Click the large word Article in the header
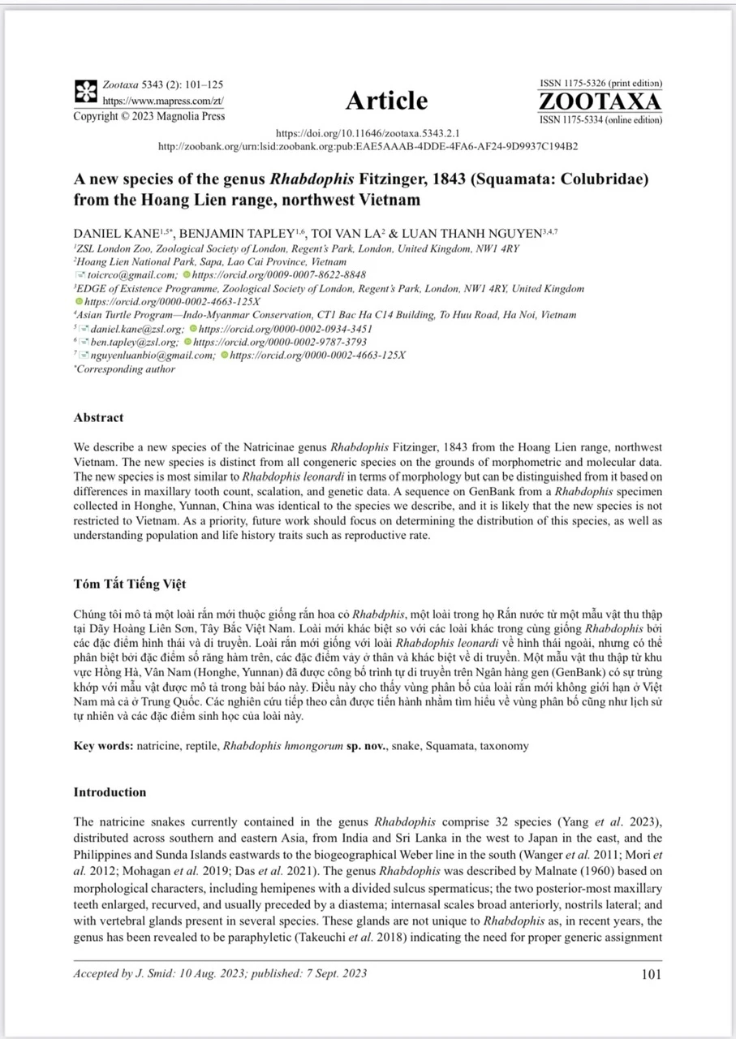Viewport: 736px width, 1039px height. (x=386, y=101)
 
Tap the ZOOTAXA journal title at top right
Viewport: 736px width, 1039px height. (x=600, y=102)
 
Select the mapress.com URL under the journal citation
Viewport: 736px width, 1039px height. (x=162, y=101)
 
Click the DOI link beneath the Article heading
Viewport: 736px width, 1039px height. (x=368, y=132)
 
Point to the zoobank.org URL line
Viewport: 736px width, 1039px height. (x=368, y=146)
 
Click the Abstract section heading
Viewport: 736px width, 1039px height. (x=98, y=418)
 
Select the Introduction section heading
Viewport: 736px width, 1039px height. (x=110, y=792)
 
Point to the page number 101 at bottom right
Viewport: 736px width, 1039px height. (x=651, y=974)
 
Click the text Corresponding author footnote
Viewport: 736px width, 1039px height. (x=126, y=369)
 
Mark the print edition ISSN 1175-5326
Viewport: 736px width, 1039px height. (x=600, y=84)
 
